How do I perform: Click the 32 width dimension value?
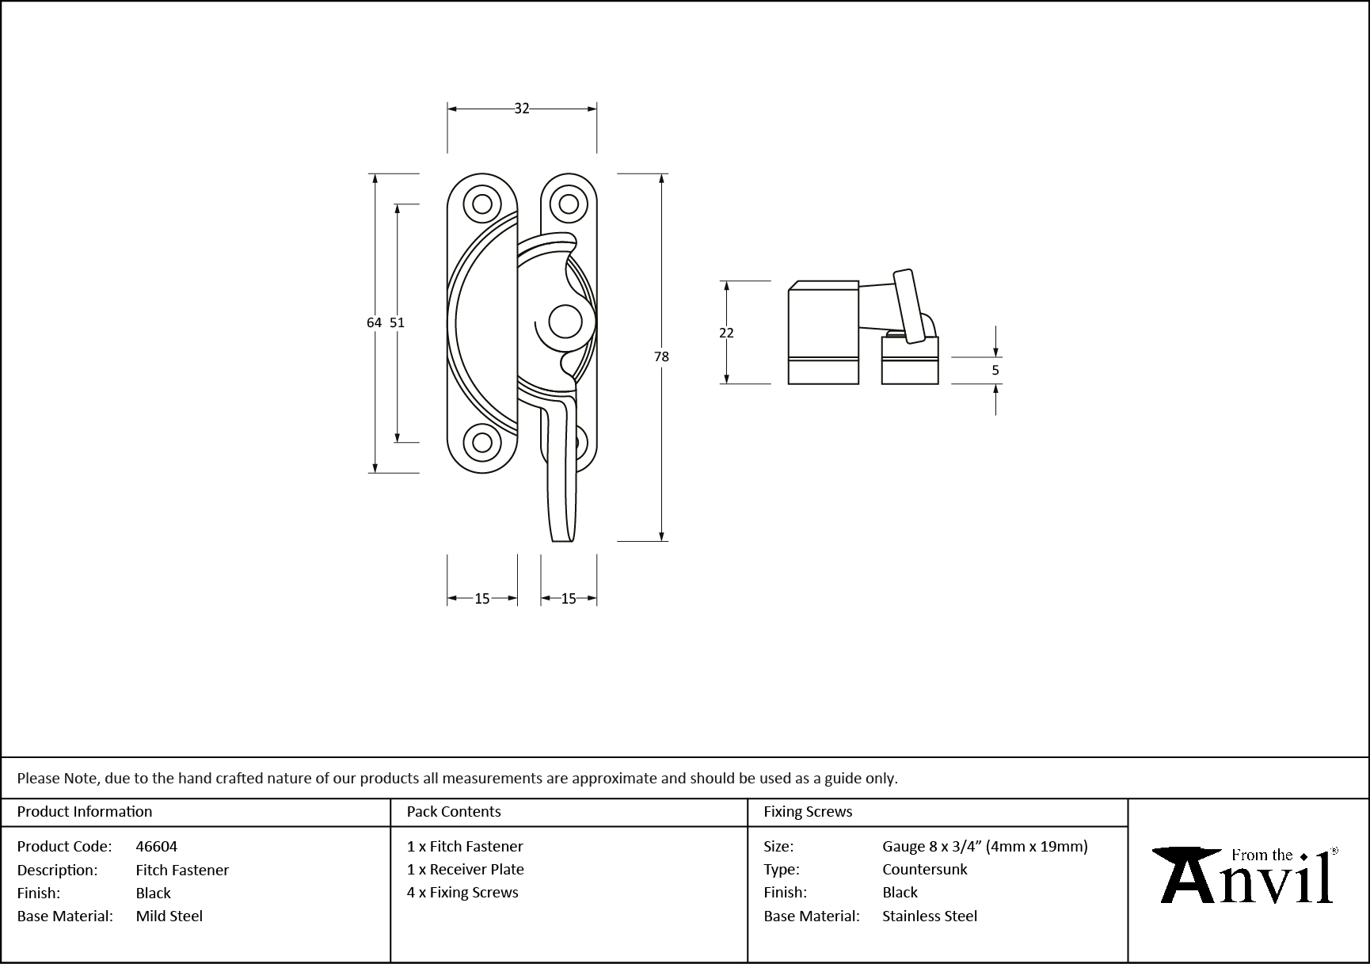click(x=521, y=109)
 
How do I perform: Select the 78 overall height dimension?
click(x=661, y=356)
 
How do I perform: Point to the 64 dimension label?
click(x=374, y=322)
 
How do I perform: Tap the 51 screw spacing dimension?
click(x=397, y=322)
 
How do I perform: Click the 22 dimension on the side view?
click(x=726, y=333)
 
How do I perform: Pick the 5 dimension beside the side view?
click(x=995, y=370)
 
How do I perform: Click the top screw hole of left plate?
click(x=482, y=204)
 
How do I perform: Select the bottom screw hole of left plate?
click(x=482, y=442)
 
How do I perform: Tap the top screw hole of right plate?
click(x=569, y=204)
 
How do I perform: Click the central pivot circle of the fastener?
click(x=565, y=322)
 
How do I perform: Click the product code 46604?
click(x=157, y=846)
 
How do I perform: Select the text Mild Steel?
click(x=169, y=916)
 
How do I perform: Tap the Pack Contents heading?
click(x=454, y=811)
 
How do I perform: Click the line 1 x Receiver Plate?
click(x=466, y=869)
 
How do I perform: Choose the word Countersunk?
click(x=925, y=869)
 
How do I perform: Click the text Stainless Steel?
click(x=930, y=916)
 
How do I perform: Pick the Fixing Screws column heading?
click(x=808, y=811)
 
